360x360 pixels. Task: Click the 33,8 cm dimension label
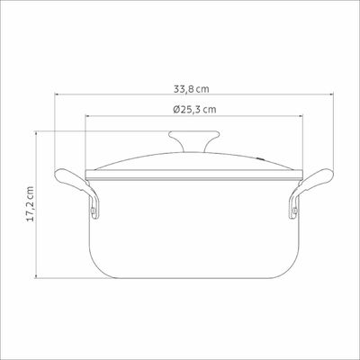(192, 89)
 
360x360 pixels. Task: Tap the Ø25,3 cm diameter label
(194, 110)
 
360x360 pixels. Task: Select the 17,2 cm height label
(31, 204)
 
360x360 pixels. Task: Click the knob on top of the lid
(193, 141)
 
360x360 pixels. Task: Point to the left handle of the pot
(76, 189)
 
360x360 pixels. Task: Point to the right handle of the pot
(312, 189)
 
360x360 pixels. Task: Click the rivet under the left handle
(94, 211)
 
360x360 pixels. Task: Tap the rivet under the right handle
(294, 211)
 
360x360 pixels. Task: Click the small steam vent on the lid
(261, 158)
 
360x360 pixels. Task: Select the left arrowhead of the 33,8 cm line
(57, 94)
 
